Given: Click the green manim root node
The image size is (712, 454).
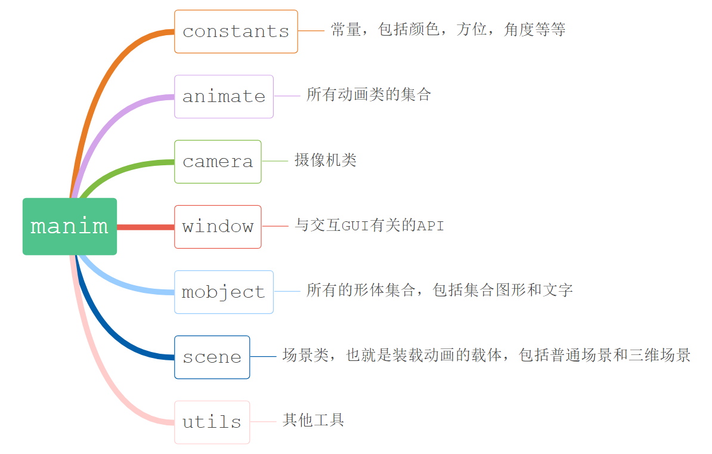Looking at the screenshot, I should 70,227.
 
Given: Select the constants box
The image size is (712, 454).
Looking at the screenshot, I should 236,32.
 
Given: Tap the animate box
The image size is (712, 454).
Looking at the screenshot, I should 224,97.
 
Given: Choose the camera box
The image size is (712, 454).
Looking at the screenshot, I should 218,162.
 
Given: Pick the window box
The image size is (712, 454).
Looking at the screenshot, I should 218,227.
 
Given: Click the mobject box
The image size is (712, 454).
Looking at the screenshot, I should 224,292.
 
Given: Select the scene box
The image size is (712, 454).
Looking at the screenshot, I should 212,357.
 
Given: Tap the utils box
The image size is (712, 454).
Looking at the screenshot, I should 212,422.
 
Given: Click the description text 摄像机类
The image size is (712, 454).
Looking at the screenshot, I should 325,160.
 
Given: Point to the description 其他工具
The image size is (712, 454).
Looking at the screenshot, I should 313,420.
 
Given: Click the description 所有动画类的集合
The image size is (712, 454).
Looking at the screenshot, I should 369,94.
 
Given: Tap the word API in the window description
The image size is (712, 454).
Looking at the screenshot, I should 430,226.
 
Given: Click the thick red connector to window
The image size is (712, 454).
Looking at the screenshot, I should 146,227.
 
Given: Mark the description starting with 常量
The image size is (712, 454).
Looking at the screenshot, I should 447,30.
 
